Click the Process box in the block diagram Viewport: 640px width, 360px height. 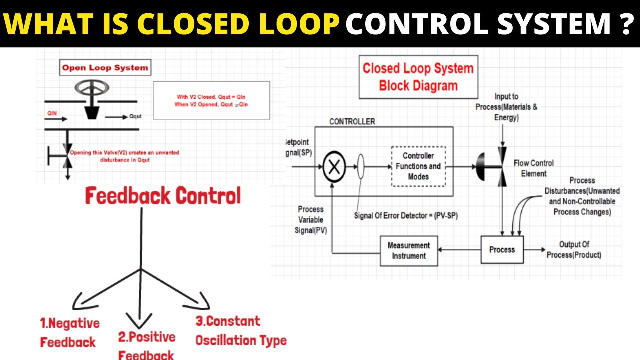pyautogui.click(x=502, y=249)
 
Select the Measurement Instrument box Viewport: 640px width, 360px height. pyautogui.click(x=409, y=251)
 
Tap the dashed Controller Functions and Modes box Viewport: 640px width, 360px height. pyautogui.click(x=418, y=166)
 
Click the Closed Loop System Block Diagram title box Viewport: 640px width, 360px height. pyautogui.click(x=418, y=77)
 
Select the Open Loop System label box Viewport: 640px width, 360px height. pyautogui.click(x=105, y=68)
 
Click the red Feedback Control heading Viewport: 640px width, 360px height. pyautogui.click(x=163, y=196)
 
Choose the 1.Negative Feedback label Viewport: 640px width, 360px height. pyautogui.click(x=69, y=332)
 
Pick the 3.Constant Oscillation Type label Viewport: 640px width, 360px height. pyautogui.click(x=241, y=331)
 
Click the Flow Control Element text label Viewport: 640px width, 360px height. pyautogui.click(x=533, y=168)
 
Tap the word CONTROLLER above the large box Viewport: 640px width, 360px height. pyautogui.click(x=352, y=121)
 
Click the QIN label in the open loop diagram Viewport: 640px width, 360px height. pyautogui.click(x=52, y=113)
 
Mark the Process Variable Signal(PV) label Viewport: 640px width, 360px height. pyautogui.click(x=310, y=220)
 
